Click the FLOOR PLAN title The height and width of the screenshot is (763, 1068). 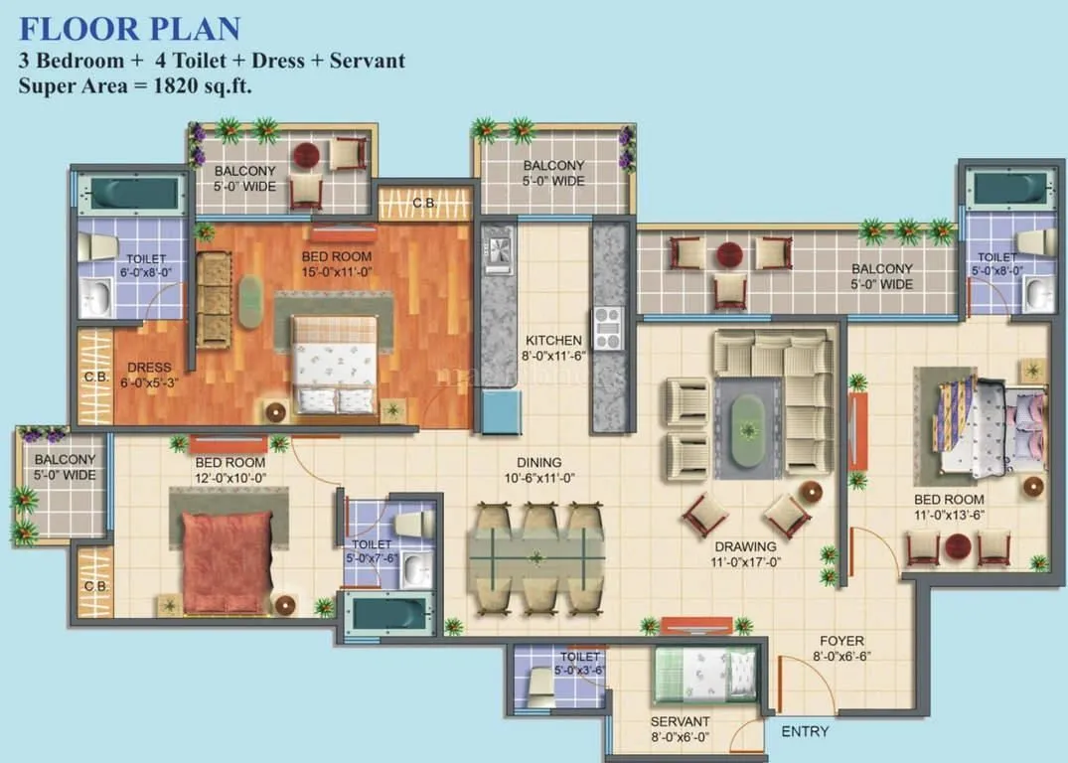point(129,26)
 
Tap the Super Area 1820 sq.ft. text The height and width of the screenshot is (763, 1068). point(135,85)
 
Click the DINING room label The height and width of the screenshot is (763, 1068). point(539,462)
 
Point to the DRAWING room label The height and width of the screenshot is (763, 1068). point(745,545)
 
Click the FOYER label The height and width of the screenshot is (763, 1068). point(841,641)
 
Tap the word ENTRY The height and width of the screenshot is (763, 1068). point(805,731)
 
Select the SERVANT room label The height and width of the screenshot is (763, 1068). point(680,721)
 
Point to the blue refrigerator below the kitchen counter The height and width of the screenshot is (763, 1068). point(503,410)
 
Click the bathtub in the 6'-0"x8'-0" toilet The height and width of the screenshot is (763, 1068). point(131,194)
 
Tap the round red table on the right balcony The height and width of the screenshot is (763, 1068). point(729,253)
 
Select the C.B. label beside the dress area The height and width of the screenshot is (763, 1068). point(96,378)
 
